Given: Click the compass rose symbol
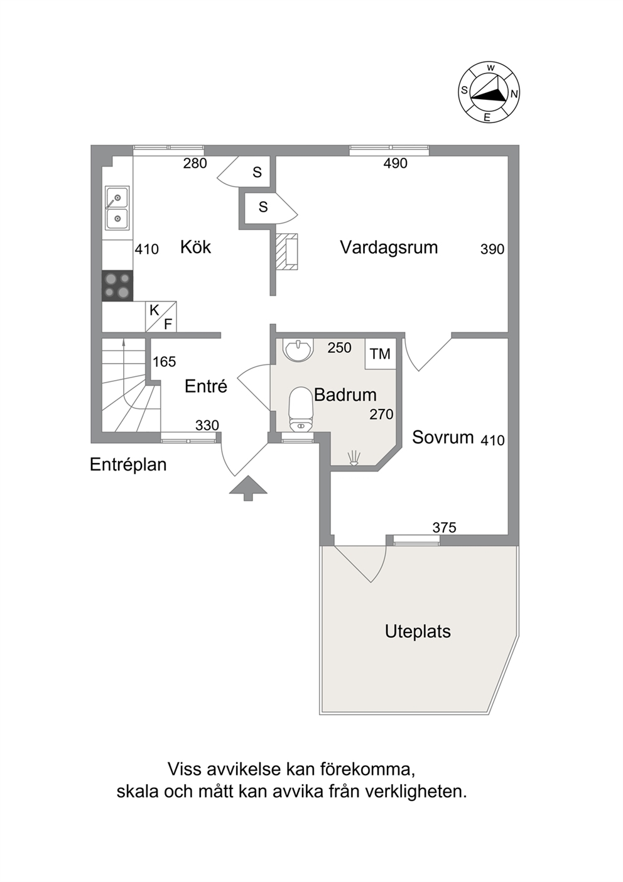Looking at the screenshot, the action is pos(489,92).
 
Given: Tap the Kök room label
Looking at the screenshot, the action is pos(195,247).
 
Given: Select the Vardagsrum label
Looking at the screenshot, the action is pos(389,248).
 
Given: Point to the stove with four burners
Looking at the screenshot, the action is pos(117,286).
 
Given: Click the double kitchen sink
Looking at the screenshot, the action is pos(117,209).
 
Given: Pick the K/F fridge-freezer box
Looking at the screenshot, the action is pos(161,317).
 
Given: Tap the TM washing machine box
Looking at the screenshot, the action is pos(380,354).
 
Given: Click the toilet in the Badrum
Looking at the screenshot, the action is pos(301,409).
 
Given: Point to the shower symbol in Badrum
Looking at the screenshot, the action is pos(354,459).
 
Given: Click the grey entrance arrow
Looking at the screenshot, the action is pos(248,488).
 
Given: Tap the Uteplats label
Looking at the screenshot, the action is pos(418,631).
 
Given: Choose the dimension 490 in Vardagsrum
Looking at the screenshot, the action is pos(395,163).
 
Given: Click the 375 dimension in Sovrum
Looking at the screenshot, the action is pos(444,527).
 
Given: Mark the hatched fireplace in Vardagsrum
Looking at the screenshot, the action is pos(286,252).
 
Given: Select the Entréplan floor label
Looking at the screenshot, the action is pos(128,465).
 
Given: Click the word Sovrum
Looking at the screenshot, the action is pos(443,437).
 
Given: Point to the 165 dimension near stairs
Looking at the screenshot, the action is pos(164,362).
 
